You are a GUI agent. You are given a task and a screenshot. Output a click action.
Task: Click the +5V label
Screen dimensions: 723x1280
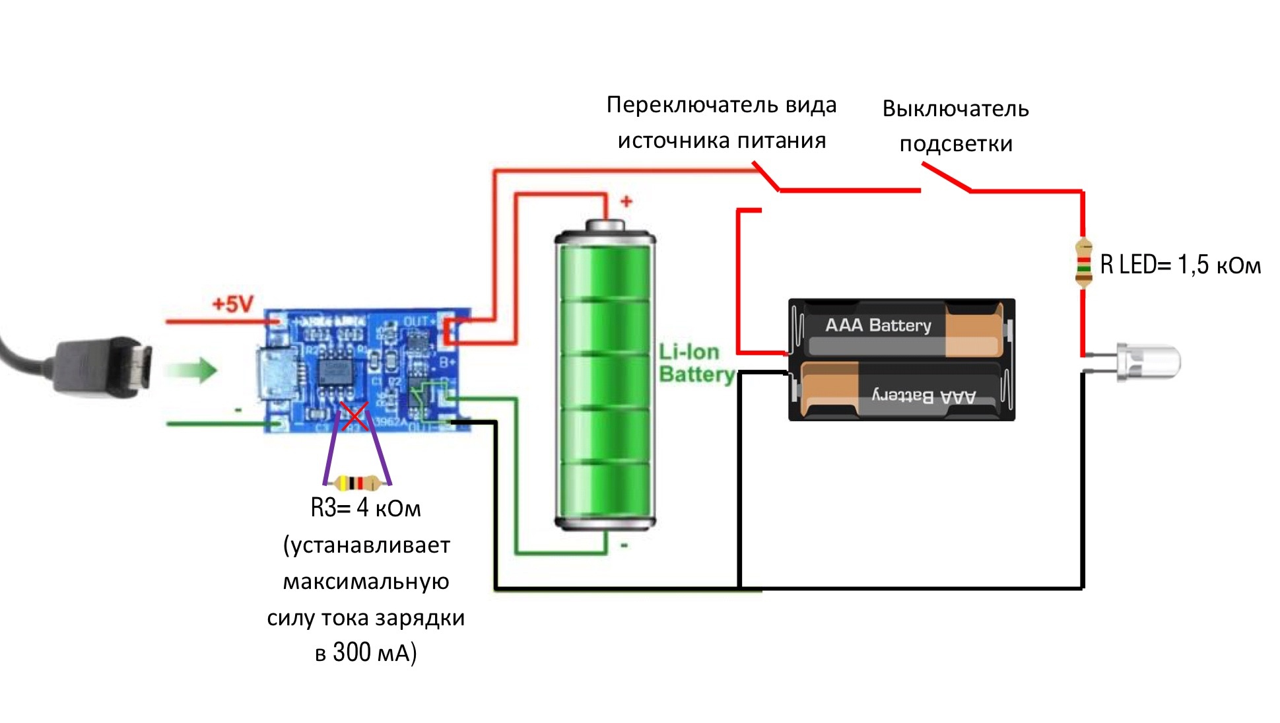tap(232, 304)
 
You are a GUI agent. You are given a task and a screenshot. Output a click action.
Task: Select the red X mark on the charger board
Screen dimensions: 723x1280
tap(354, 417)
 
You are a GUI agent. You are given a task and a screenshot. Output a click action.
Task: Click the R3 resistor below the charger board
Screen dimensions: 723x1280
tap(356, 483)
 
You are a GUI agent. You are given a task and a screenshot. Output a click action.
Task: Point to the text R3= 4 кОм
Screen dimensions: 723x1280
tap(365, 508)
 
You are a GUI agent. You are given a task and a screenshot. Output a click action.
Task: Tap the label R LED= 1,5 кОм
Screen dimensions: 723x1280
tap(1180, 265)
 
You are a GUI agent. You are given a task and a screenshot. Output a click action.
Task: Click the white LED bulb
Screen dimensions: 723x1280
tap(1149, 362)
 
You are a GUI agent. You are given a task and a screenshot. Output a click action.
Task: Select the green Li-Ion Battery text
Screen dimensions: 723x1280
tap(696, 363)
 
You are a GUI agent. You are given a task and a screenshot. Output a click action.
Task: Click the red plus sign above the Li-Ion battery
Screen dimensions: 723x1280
tap(626, 201)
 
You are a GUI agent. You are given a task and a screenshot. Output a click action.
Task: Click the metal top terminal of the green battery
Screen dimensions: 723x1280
tap(605, 226)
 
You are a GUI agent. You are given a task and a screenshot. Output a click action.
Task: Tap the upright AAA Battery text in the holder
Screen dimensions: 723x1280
tap(878, 325)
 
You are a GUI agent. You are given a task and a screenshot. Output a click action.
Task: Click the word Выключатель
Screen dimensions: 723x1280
tap(955, 109)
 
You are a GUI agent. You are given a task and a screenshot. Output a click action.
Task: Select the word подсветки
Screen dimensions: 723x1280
tap(955, 144)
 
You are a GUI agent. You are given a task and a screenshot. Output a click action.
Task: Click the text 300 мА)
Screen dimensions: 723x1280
tap(374, 652)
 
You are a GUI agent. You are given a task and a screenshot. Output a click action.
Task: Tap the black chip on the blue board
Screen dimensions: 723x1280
tap(336, 372)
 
